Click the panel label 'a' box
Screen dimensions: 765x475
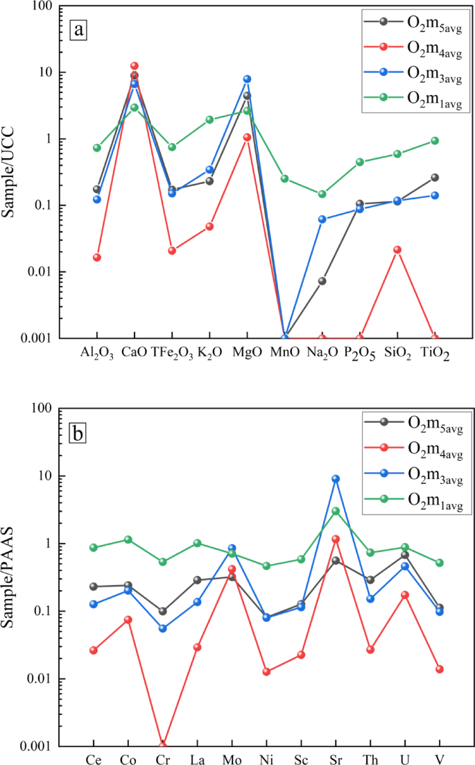point(80,29)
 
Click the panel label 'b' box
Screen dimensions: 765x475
point(80,434)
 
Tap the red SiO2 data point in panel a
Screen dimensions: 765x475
point(397,250)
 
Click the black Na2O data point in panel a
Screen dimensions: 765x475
point(322,281)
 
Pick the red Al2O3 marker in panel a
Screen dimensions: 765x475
point(97,258)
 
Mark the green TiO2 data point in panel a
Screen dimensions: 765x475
point(435,140)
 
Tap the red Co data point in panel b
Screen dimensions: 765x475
point(128,619)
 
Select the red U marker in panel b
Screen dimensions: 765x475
point(405,595)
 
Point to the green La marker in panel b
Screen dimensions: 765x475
point(197,543)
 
